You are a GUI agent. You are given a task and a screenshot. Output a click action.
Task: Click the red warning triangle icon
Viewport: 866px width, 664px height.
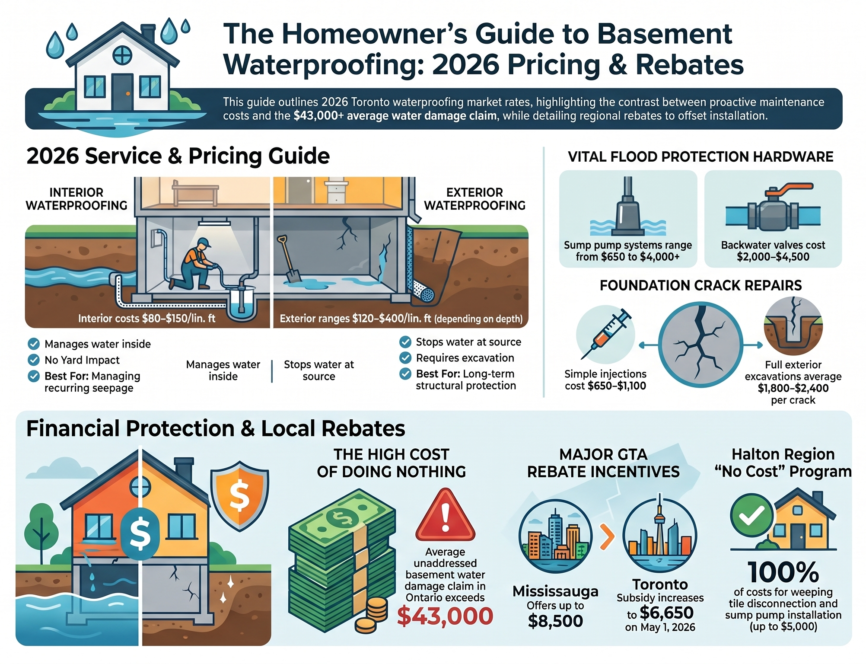tap(445, 515)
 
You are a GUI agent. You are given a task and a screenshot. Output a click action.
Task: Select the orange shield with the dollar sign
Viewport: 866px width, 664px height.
tap(239, 495)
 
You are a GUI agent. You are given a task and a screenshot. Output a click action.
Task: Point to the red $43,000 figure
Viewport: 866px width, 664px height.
tap(445, 616)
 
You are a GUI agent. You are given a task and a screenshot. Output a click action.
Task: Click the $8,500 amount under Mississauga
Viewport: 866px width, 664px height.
tap(555, 621)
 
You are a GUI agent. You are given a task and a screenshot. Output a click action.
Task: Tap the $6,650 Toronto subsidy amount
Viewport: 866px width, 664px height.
tap(666, 613)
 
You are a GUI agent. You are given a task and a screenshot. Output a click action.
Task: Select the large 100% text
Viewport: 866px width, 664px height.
tap(783, 572)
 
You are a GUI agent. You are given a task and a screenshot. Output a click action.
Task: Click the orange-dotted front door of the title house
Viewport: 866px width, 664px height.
tap(122, 92)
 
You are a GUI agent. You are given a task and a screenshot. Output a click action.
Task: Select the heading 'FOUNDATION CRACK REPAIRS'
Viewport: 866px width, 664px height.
tap(700, 285)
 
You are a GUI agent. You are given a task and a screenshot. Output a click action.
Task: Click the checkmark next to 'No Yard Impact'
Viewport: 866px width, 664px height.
tap(34, 360)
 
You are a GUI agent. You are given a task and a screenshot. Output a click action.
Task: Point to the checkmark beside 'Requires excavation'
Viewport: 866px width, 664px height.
tap(405, 358)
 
